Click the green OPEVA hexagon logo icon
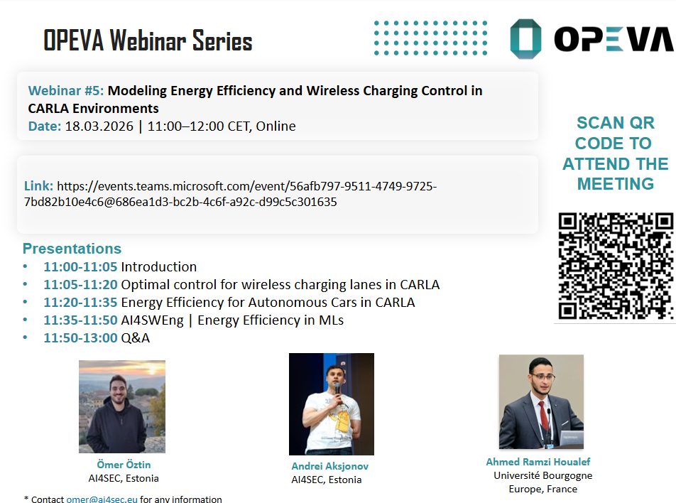(x=525, y=39)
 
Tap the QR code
(x=616, y=266)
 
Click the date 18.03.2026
(x=99, y=126)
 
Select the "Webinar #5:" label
(x=66, y=91)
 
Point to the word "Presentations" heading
(x=72, y=249)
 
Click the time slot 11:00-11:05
(x=80, y=267)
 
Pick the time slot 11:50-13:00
(x=80, y=338)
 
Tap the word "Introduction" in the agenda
(x=158, y=267)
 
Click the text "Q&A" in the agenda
(x=136, y=338)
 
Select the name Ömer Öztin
(x=124, y=465)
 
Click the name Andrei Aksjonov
(x=329, y=466)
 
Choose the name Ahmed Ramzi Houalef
(x=538, y=462)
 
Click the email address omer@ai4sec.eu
(x=102, y=499)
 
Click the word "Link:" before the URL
(x=39, y=186)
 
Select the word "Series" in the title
(x=222, y=41)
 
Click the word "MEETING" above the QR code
(x=616, y=184)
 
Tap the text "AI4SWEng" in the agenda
(x=152, y=320)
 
